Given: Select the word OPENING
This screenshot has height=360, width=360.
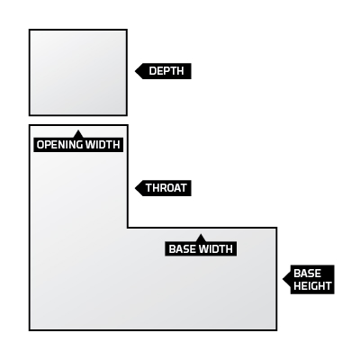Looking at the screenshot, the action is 59,145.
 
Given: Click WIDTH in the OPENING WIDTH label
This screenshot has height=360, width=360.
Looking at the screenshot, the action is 103,145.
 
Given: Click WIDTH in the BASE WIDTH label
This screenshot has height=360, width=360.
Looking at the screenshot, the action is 215,249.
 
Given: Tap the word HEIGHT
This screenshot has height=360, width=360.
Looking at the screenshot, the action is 312,285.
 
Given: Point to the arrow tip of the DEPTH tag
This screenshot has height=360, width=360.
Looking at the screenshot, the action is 135,71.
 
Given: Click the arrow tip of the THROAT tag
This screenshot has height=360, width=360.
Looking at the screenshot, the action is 135,188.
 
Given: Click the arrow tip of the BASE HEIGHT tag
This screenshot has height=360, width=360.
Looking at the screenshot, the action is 283,279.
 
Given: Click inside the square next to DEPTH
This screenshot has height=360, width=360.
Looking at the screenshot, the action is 78,72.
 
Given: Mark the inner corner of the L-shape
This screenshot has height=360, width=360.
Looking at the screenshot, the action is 128,228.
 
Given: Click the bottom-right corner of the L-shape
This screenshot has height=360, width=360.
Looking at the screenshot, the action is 276,330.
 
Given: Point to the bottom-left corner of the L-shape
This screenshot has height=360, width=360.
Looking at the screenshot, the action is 30,330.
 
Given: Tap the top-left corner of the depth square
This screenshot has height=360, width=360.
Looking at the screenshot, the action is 30,30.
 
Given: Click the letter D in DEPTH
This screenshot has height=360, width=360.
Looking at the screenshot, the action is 152,71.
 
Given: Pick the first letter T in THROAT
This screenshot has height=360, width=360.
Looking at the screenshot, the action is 149,188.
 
